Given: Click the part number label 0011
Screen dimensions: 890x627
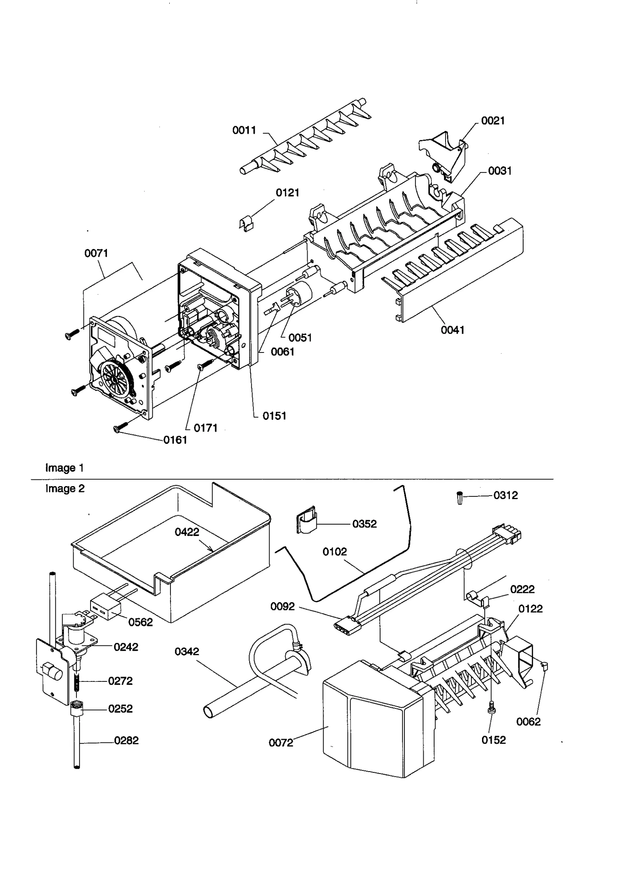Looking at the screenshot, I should pyautogui.click(x=244, y=130).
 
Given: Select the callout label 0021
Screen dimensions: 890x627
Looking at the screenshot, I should pyautogui.click(x=493, y=121).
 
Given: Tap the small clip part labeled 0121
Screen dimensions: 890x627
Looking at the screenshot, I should pyautogui.click(x=246, y=224).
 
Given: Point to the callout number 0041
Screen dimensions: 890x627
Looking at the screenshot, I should pyautogui.click(x=452, y=330).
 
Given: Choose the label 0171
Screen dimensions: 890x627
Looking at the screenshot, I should pyautogui.click(x=205, y=428).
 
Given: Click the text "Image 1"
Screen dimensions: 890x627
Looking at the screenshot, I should pyautogui.click(x=64, y=468).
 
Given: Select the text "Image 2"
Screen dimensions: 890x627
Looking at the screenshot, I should pyautogui.click(x=65, y=489).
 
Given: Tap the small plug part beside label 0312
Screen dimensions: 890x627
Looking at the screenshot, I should pyautogui.click(x=460, y=498).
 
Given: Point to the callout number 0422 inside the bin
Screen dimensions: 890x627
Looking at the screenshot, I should pyautogui.click(x=187, y=532).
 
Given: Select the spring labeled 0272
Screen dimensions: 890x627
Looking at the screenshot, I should pyautogui.click(x=77, y=681).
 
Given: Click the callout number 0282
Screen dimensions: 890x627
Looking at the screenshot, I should pyautogui.click(x=126, y=741).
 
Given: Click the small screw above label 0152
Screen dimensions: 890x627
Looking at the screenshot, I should pyautogui.click(x=490, y=708).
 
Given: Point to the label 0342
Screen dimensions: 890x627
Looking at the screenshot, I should pyautogui.click(x=187, y=652).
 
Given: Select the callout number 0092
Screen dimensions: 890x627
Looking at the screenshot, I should pyautogui.click(x=282, y=607).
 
